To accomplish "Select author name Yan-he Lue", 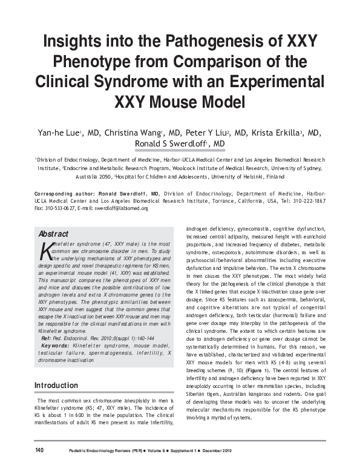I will coord(57,133).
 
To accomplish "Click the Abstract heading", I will coord(53,234).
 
